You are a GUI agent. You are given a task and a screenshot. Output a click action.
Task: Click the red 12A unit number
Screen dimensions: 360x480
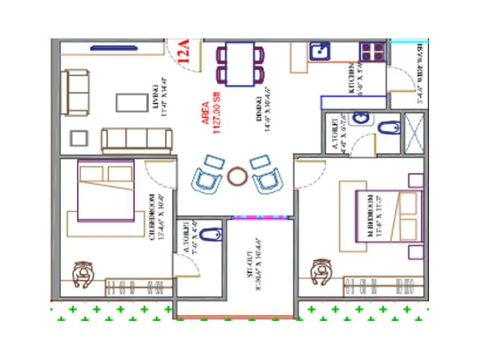(184, 51)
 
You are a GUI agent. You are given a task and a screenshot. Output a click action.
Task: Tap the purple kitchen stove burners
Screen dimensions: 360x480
(373, 52)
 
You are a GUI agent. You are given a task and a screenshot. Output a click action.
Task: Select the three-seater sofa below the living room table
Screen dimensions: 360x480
(136, 140)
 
